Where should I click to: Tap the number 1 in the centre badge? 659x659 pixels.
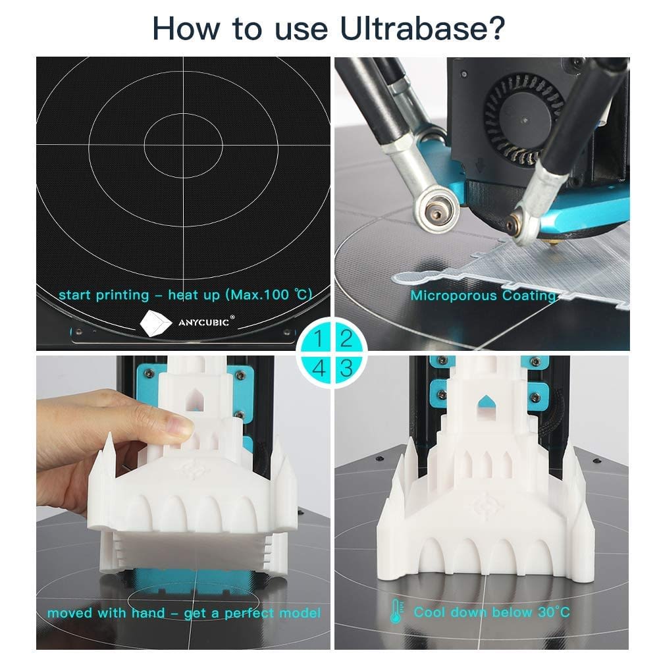319,338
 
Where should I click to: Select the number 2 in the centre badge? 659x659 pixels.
346,338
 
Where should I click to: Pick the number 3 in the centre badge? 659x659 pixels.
346,368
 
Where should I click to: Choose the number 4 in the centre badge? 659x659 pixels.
319,368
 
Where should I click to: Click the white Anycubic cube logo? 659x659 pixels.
155,323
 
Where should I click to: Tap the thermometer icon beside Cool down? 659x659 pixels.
396,611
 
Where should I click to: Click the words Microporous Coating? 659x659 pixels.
483,296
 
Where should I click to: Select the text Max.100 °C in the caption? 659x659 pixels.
269,295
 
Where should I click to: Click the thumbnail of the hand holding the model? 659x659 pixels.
183,503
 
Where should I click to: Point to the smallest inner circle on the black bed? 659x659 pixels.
183,145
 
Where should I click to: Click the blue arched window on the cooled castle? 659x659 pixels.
487,402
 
